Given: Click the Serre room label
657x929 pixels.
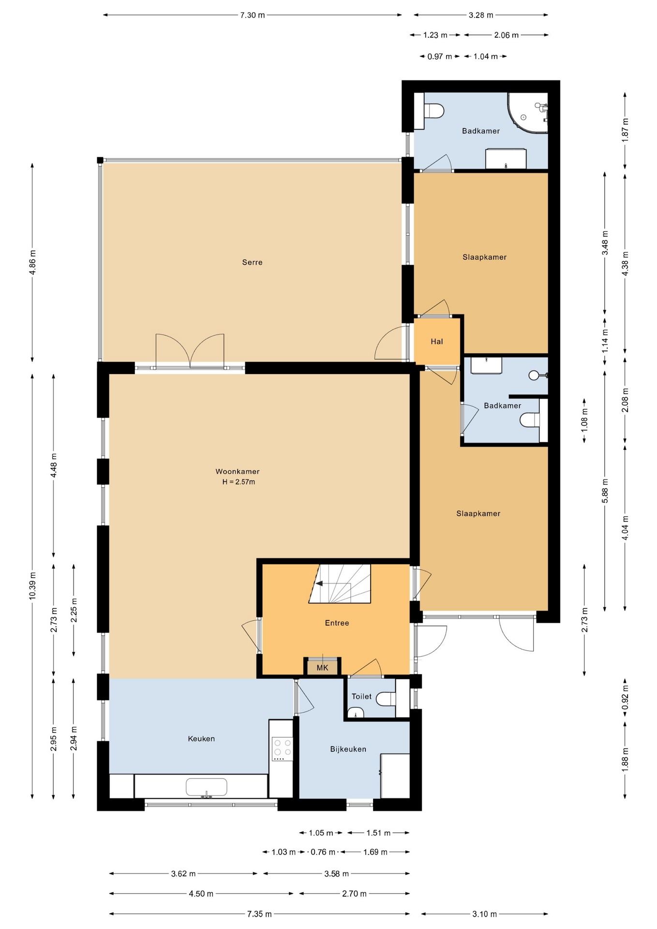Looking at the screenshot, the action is click(x=252, y=262).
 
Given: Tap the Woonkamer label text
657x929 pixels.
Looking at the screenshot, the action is click(x=238, y=471).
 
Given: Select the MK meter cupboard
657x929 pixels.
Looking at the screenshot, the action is click(x=322, y=667).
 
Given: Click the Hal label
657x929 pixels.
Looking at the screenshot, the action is click(x=437, y=342).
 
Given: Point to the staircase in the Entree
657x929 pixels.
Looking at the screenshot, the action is click(x=340, y=584).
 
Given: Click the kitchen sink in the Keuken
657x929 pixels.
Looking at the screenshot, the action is click(x=207, y=787).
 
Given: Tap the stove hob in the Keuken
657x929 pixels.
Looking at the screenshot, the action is click(x=283, y=749).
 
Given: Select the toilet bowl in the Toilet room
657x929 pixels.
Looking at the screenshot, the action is click(x=386, y=699).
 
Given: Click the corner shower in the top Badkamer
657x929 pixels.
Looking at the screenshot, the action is click(x=528, y=112).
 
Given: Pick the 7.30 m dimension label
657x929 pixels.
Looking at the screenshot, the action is click(x=253, y=15).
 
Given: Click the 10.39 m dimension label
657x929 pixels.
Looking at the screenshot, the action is click(x=32, y=585).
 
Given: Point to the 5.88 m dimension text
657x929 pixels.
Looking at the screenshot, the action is click(x=605, y=491).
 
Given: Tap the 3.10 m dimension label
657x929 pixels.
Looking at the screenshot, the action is click(x=484, y=914).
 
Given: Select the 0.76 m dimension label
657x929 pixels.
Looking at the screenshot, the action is click(x=323, y=852).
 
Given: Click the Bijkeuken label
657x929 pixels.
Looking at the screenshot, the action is click(x=348, y=749).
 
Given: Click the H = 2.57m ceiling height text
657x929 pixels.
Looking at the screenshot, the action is click(x=239, y=482).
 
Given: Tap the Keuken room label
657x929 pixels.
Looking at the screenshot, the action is click(x=201, y=738).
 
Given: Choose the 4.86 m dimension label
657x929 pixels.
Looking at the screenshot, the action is click(x=32, y=262).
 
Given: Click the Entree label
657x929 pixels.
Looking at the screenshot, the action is click(x=337, y=623).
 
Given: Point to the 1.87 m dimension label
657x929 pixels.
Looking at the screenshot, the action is click(x=625, y=130).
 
